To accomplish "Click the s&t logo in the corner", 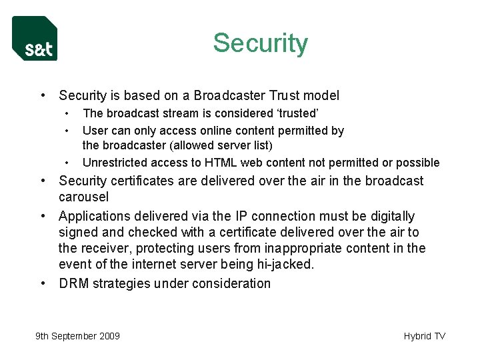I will click(35, 39).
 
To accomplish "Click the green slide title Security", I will click(260, 43).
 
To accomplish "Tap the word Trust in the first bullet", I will click(288, 95).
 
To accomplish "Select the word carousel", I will click(84, 197).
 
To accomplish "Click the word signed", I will click(79, 232).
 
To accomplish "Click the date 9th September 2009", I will click(77, 336).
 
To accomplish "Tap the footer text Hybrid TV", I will click(424, 336).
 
